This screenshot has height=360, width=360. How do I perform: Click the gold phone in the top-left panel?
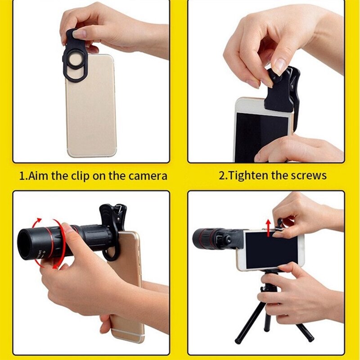tap(92, 112)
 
